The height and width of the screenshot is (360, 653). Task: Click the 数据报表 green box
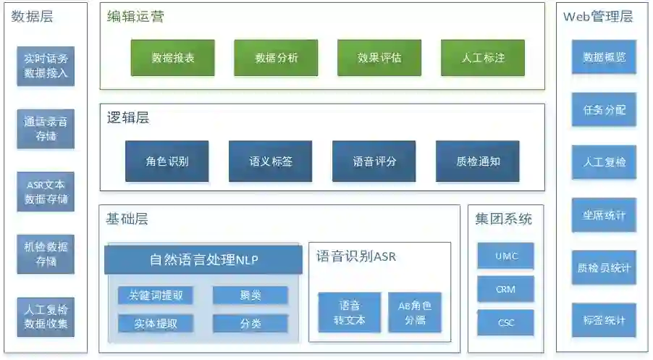(172, 58)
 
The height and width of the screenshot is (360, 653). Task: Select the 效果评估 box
(379, 58)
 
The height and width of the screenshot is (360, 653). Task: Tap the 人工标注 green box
(483, 58)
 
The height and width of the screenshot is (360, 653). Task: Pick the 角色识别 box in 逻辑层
(167, 162)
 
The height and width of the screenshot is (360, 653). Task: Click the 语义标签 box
(270, 162)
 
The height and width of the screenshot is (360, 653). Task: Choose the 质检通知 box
(477, 162)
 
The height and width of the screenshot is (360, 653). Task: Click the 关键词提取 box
(155, 296)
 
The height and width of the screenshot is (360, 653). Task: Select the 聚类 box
(250, 296)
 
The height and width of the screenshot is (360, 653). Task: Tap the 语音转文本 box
(350, 312)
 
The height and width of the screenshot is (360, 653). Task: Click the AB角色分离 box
(414, 312)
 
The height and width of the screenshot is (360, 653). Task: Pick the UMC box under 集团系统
(505, 256)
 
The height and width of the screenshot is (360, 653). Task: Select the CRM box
(505, 289)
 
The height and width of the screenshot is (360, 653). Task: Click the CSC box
(505, 322)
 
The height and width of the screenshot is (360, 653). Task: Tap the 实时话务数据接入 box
(46, 66)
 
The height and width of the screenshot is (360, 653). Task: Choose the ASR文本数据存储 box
(46, 192)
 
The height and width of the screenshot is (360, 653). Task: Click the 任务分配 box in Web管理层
(604, 110)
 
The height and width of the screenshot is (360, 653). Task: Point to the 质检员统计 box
(604, 268)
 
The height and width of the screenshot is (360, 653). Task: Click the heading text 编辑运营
(135, 17)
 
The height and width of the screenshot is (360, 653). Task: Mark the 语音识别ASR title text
(355, 256)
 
